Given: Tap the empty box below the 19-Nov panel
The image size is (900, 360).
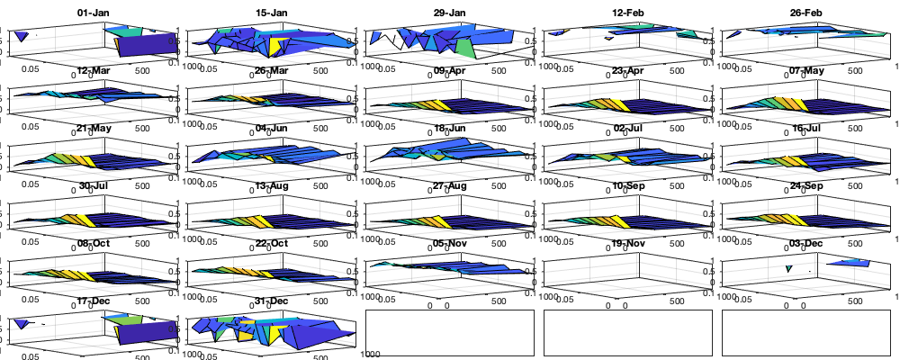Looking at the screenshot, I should [x=628, y=333].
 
